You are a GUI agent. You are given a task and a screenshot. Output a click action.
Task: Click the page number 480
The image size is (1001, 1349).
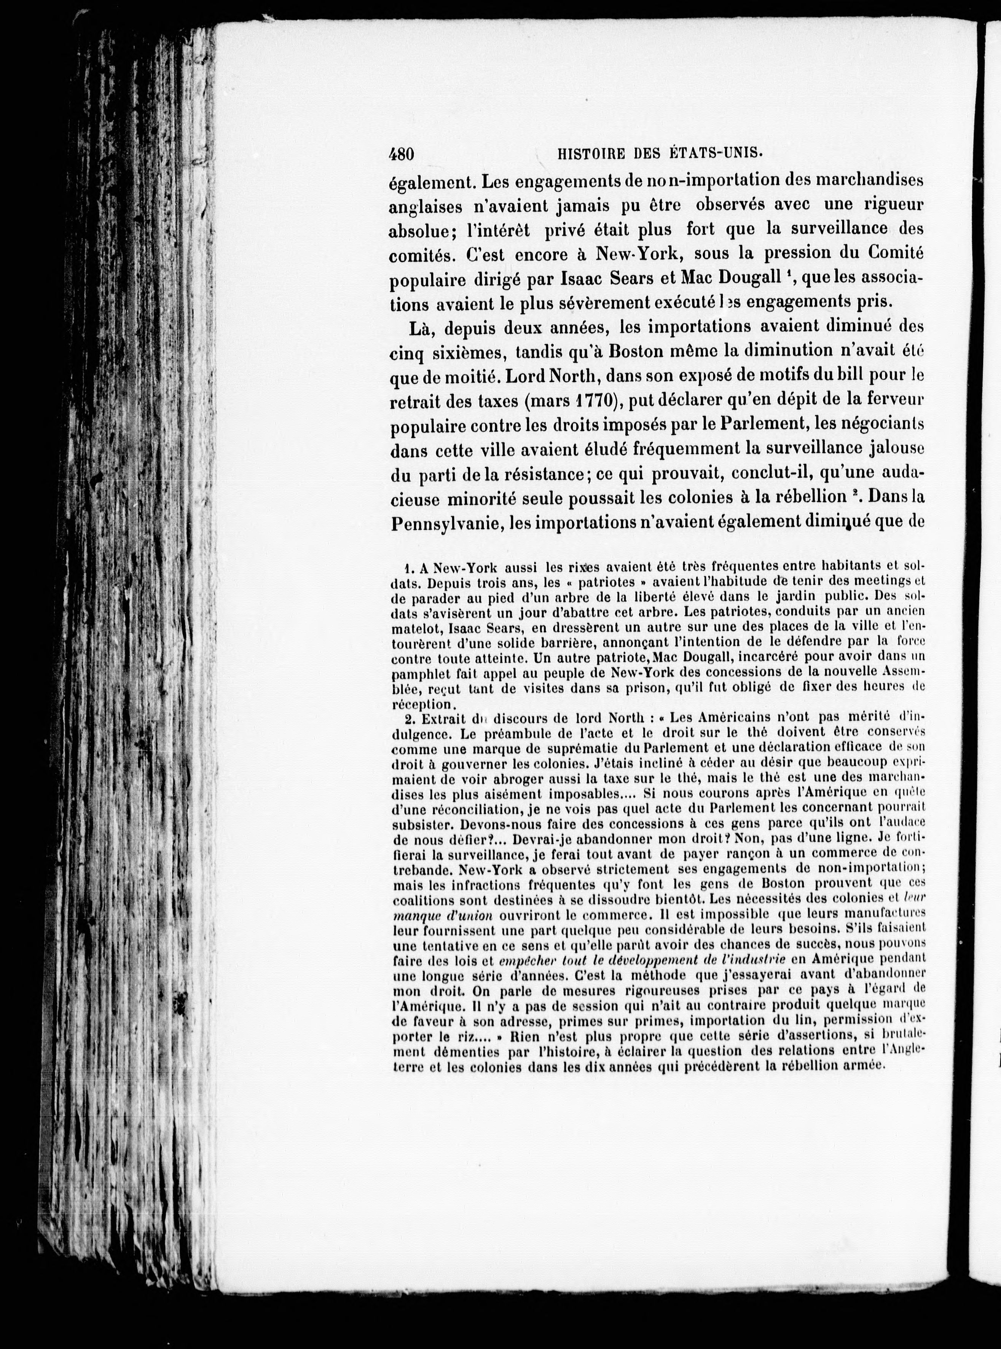tap(401, 155)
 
